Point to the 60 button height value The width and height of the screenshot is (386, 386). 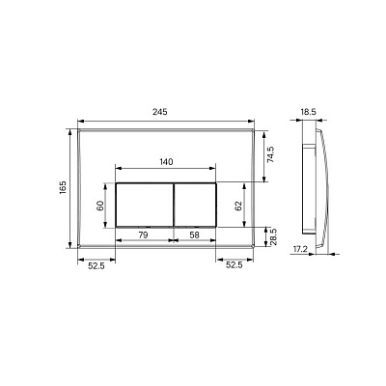98,205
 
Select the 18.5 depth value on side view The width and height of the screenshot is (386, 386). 308,113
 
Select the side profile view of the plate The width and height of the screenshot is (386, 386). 315,183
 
